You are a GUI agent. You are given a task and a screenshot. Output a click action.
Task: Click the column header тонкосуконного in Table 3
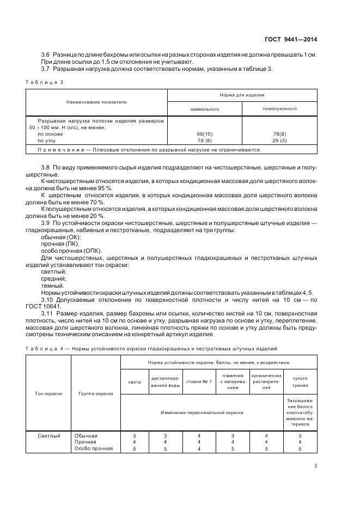[x=279, y=108]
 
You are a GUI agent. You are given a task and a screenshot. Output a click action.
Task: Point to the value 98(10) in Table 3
[x=204, y=133]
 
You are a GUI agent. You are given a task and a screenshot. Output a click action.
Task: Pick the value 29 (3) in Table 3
[x=279, y=140]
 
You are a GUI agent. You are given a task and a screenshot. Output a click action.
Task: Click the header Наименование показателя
[x=96, y=102]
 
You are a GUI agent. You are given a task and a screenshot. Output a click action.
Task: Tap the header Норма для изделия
[x=241, y=95]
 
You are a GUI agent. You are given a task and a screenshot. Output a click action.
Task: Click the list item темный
[x=52, y=286]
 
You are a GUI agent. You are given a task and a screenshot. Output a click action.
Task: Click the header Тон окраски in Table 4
[x=48, y=393]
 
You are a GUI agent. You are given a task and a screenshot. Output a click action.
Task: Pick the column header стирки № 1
[x=198, y=381]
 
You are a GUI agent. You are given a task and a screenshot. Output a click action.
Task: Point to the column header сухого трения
[x=300, y=381]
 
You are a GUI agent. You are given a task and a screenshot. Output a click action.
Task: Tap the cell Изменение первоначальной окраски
[x=202, y=412]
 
